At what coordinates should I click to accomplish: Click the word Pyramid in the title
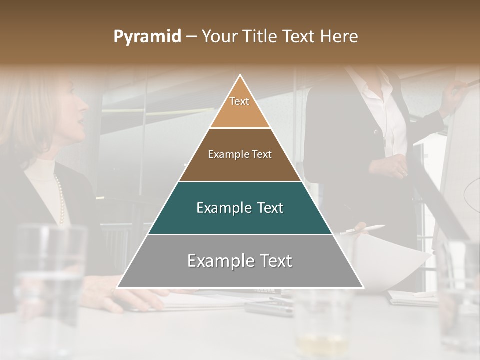147,37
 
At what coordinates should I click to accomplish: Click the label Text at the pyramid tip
239,101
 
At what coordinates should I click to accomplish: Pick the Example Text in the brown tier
240,154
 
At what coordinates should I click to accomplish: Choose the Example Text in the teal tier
240,208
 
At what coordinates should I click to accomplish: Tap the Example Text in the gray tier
240,261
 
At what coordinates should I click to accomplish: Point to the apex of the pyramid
240,75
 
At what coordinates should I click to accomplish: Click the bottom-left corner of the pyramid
117,287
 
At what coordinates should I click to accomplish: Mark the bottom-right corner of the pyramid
363,287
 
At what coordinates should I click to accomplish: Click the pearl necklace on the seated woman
60,200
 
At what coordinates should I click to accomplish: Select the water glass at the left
50,280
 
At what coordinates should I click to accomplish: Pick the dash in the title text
191,37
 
